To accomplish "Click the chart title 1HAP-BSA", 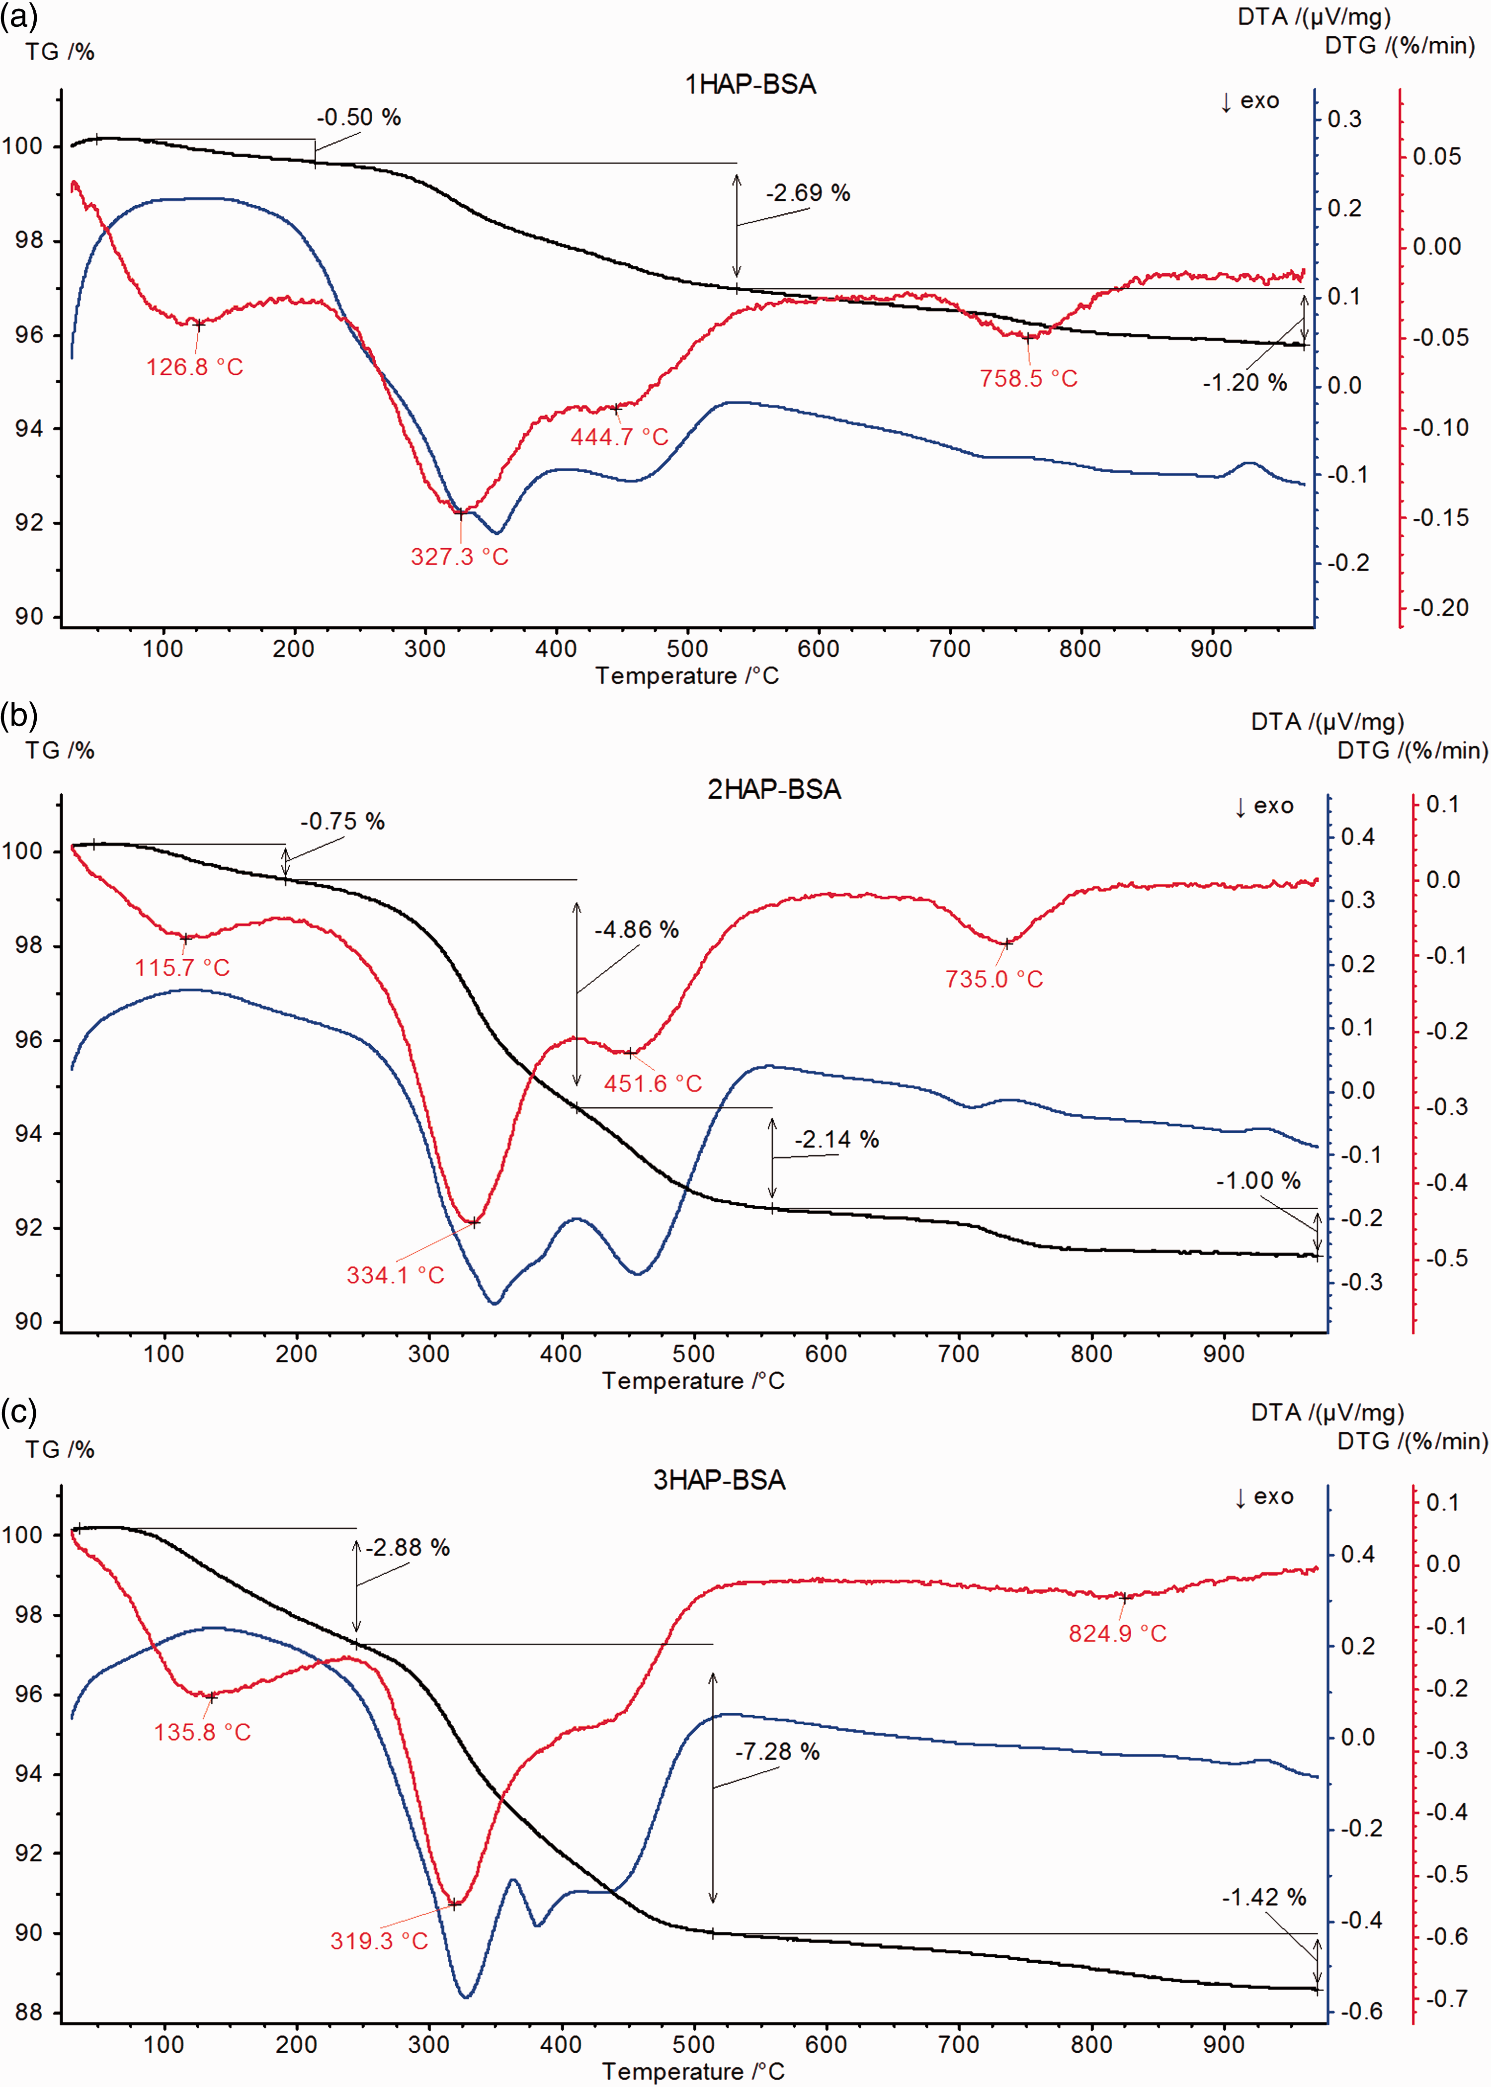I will (750, 84).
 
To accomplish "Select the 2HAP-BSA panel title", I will (774, 790).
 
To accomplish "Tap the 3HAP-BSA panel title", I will (719, 1480).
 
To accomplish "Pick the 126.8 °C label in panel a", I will (195, 367).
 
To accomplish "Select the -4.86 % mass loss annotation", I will (636, 930).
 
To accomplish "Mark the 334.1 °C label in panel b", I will (395, 1275).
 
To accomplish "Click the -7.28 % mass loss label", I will (777, 1752).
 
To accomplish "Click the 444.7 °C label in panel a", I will (620, 437).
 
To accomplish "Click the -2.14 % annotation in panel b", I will (836, 1140).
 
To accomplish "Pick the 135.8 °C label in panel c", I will (202, 1733).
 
